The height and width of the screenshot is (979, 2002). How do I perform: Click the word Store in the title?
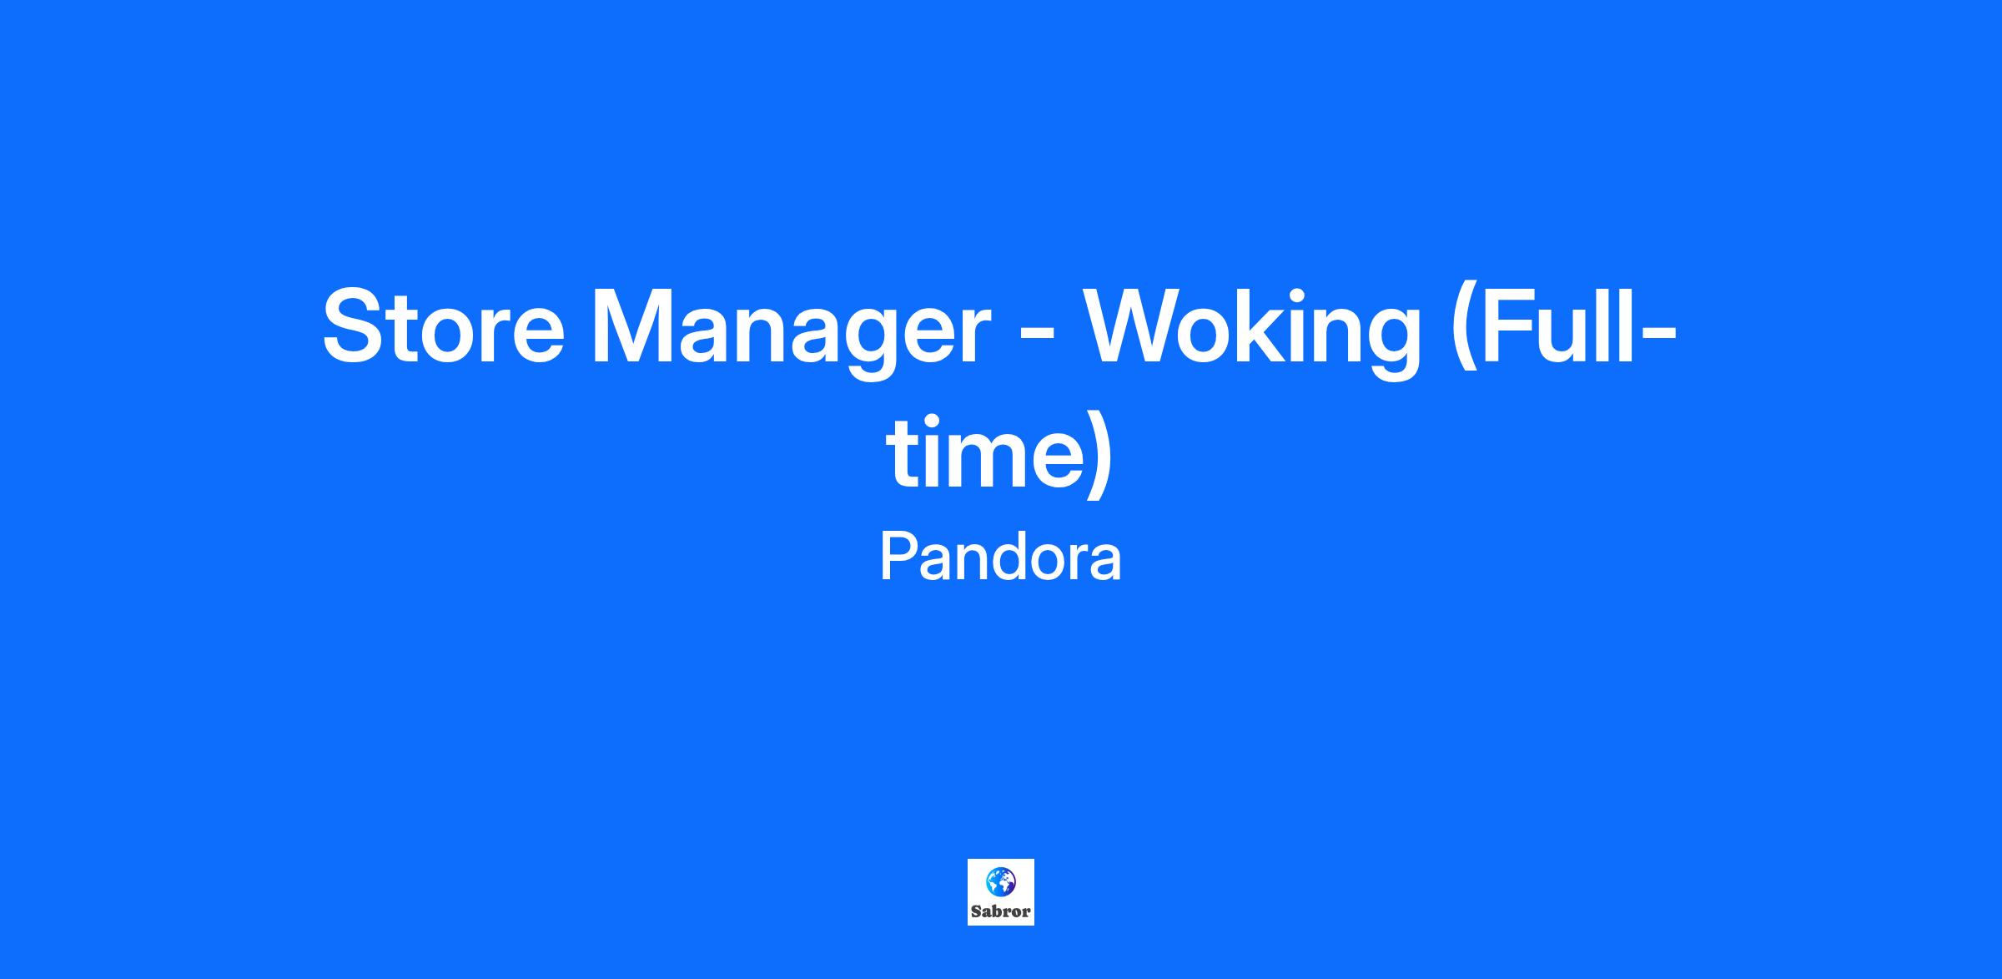444,326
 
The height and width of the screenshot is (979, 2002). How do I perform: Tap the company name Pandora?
1001,558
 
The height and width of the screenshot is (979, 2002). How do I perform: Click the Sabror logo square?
1001,892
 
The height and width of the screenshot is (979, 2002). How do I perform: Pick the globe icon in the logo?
1001,881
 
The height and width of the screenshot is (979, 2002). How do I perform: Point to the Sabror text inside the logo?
1001,911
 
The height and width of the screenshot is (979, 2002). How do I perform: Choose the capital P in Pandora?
899,558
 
